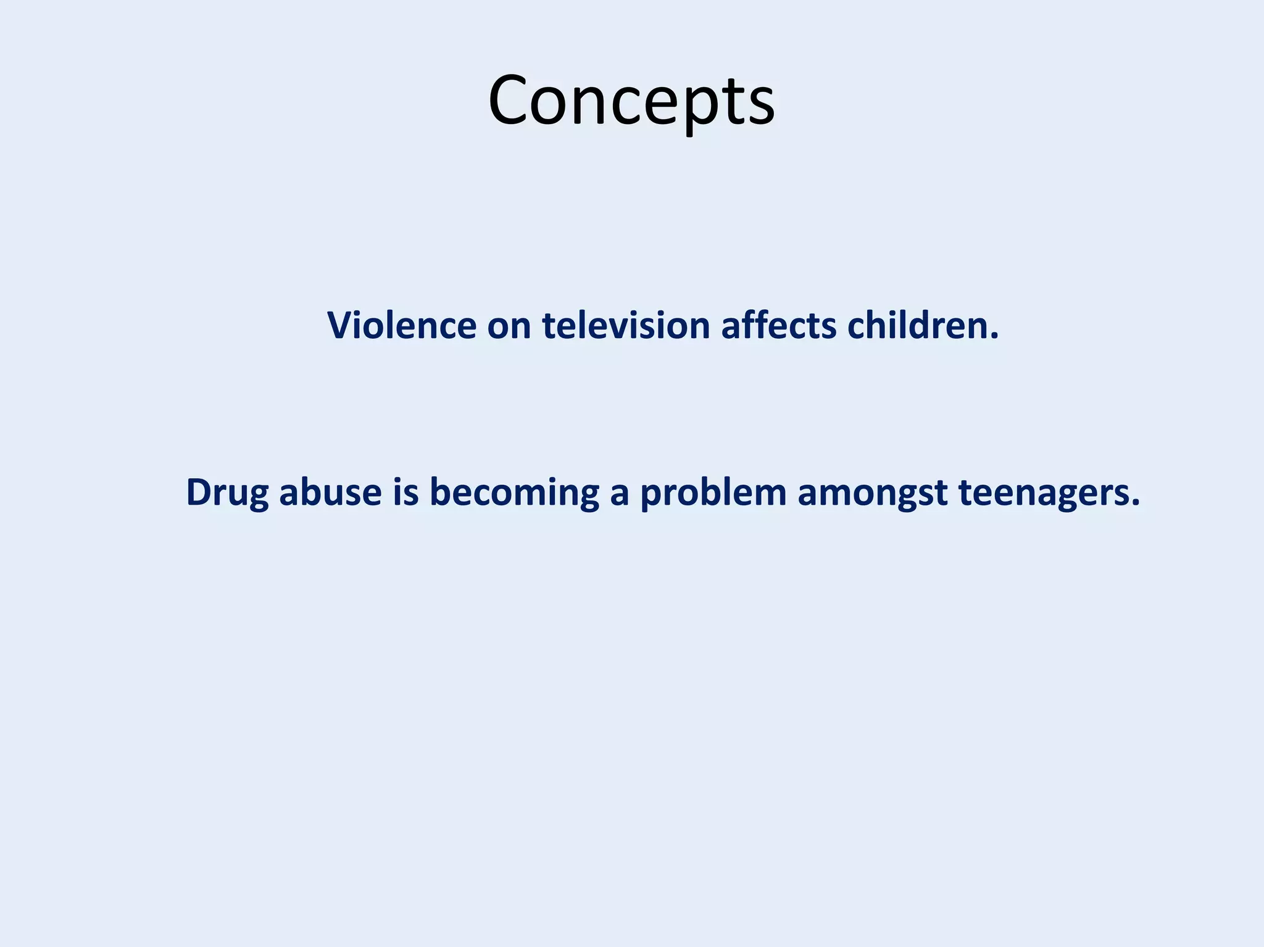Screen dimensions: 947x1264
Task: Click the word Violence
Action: click(401, 325)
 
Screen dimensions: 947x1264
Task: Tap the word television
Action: click(626, 325)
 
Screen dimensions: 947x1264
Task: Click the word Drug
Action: click(227, 493)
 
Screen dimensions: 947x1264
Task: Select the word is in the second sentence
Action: click(405, 493)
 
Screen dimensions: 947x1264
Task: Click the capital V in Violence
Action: click(340, 325)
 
